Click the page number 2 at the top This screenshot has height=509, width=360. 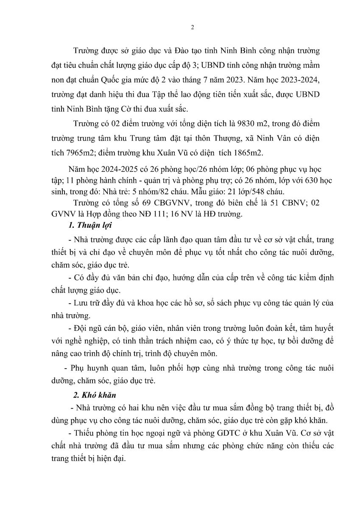[x=193, y=28]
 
